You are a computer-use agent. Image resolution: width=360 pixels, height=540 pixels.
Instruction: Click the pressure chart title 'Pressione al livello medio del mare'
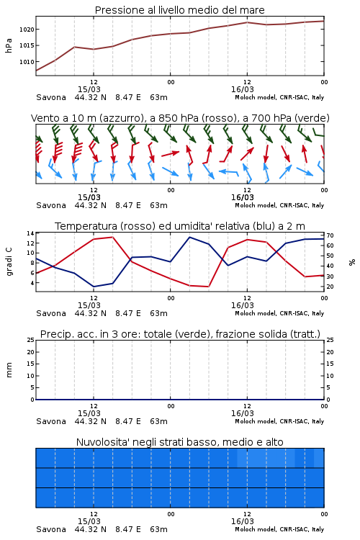[x=179, y=10]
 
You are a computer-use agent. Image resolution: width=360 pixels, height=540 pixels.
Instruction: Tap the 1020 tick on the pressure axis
[x=27, y=30]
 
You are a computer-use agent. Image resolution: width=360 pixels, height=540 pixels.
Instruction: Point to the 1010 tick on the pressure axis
[x=27, y=62]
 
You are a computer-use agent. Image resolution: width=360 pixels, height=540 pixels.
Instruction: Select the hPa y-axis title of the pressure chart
[x=9, y=45]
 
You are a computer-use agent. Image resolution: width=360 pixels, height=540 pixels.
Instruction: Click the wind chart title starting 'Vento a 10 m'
[x=180, y=118]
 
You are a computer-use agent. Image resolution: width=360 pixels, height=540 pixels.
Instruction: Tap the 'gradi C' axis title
[x=9, y=262]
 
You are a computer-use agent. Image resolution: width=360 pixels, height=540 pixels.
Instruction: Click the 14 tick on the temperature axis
[x=30, y=233]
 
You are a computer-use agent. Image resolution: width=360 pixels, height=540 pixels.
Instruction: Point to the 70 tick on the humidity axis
[x=330, y=235]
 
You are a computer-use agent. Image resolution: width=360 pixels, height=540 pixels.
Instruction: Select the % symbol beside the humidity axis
[x=352, y=262]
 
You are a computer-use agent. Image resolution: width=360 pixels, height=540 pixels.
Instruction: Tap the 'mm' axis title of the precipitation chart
[x=9, y=370]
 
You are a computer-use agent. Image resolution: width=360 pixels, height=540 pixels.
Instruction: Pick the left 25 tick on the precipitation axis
[x=30, y=340]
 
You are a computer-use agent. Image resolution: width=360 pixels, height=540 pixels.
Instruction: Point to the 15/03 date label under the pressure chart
[x=89, y=89]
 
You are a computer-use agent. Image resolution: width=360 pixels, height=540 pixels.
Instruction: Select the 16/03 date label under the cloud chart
[x=242, y=521]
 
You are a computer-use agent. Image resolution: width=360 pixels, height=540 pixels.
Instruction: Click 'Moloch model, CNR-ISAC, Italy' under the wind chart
[x=279, y=205]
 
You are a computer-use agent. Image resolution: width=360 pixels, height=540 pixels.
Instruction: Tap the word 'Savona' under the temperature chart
[x=51, y=313]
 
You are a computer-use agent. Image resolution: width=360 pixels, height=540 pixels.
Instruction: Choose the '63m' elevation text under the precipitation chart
[x=158, y=421]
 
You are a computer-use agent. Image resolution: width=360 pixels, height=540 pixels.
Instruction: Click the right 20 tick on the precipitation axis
[x=330, y=352]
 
